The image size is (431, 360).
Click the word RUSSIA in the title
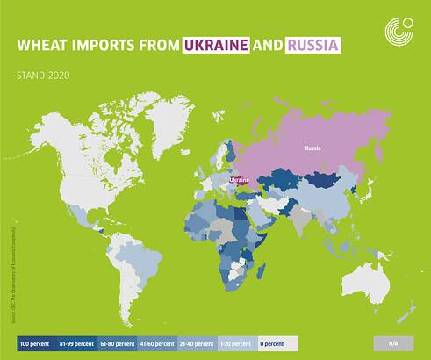click(312, 44)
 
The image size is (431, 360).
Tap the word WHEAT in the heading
click(46, 44)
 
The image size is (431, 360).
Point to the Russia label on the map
click(312, 148)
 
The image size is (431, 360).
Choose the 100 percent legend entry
click(34, 343)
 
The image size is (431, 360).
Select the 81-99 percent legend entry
click(75, 343)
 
